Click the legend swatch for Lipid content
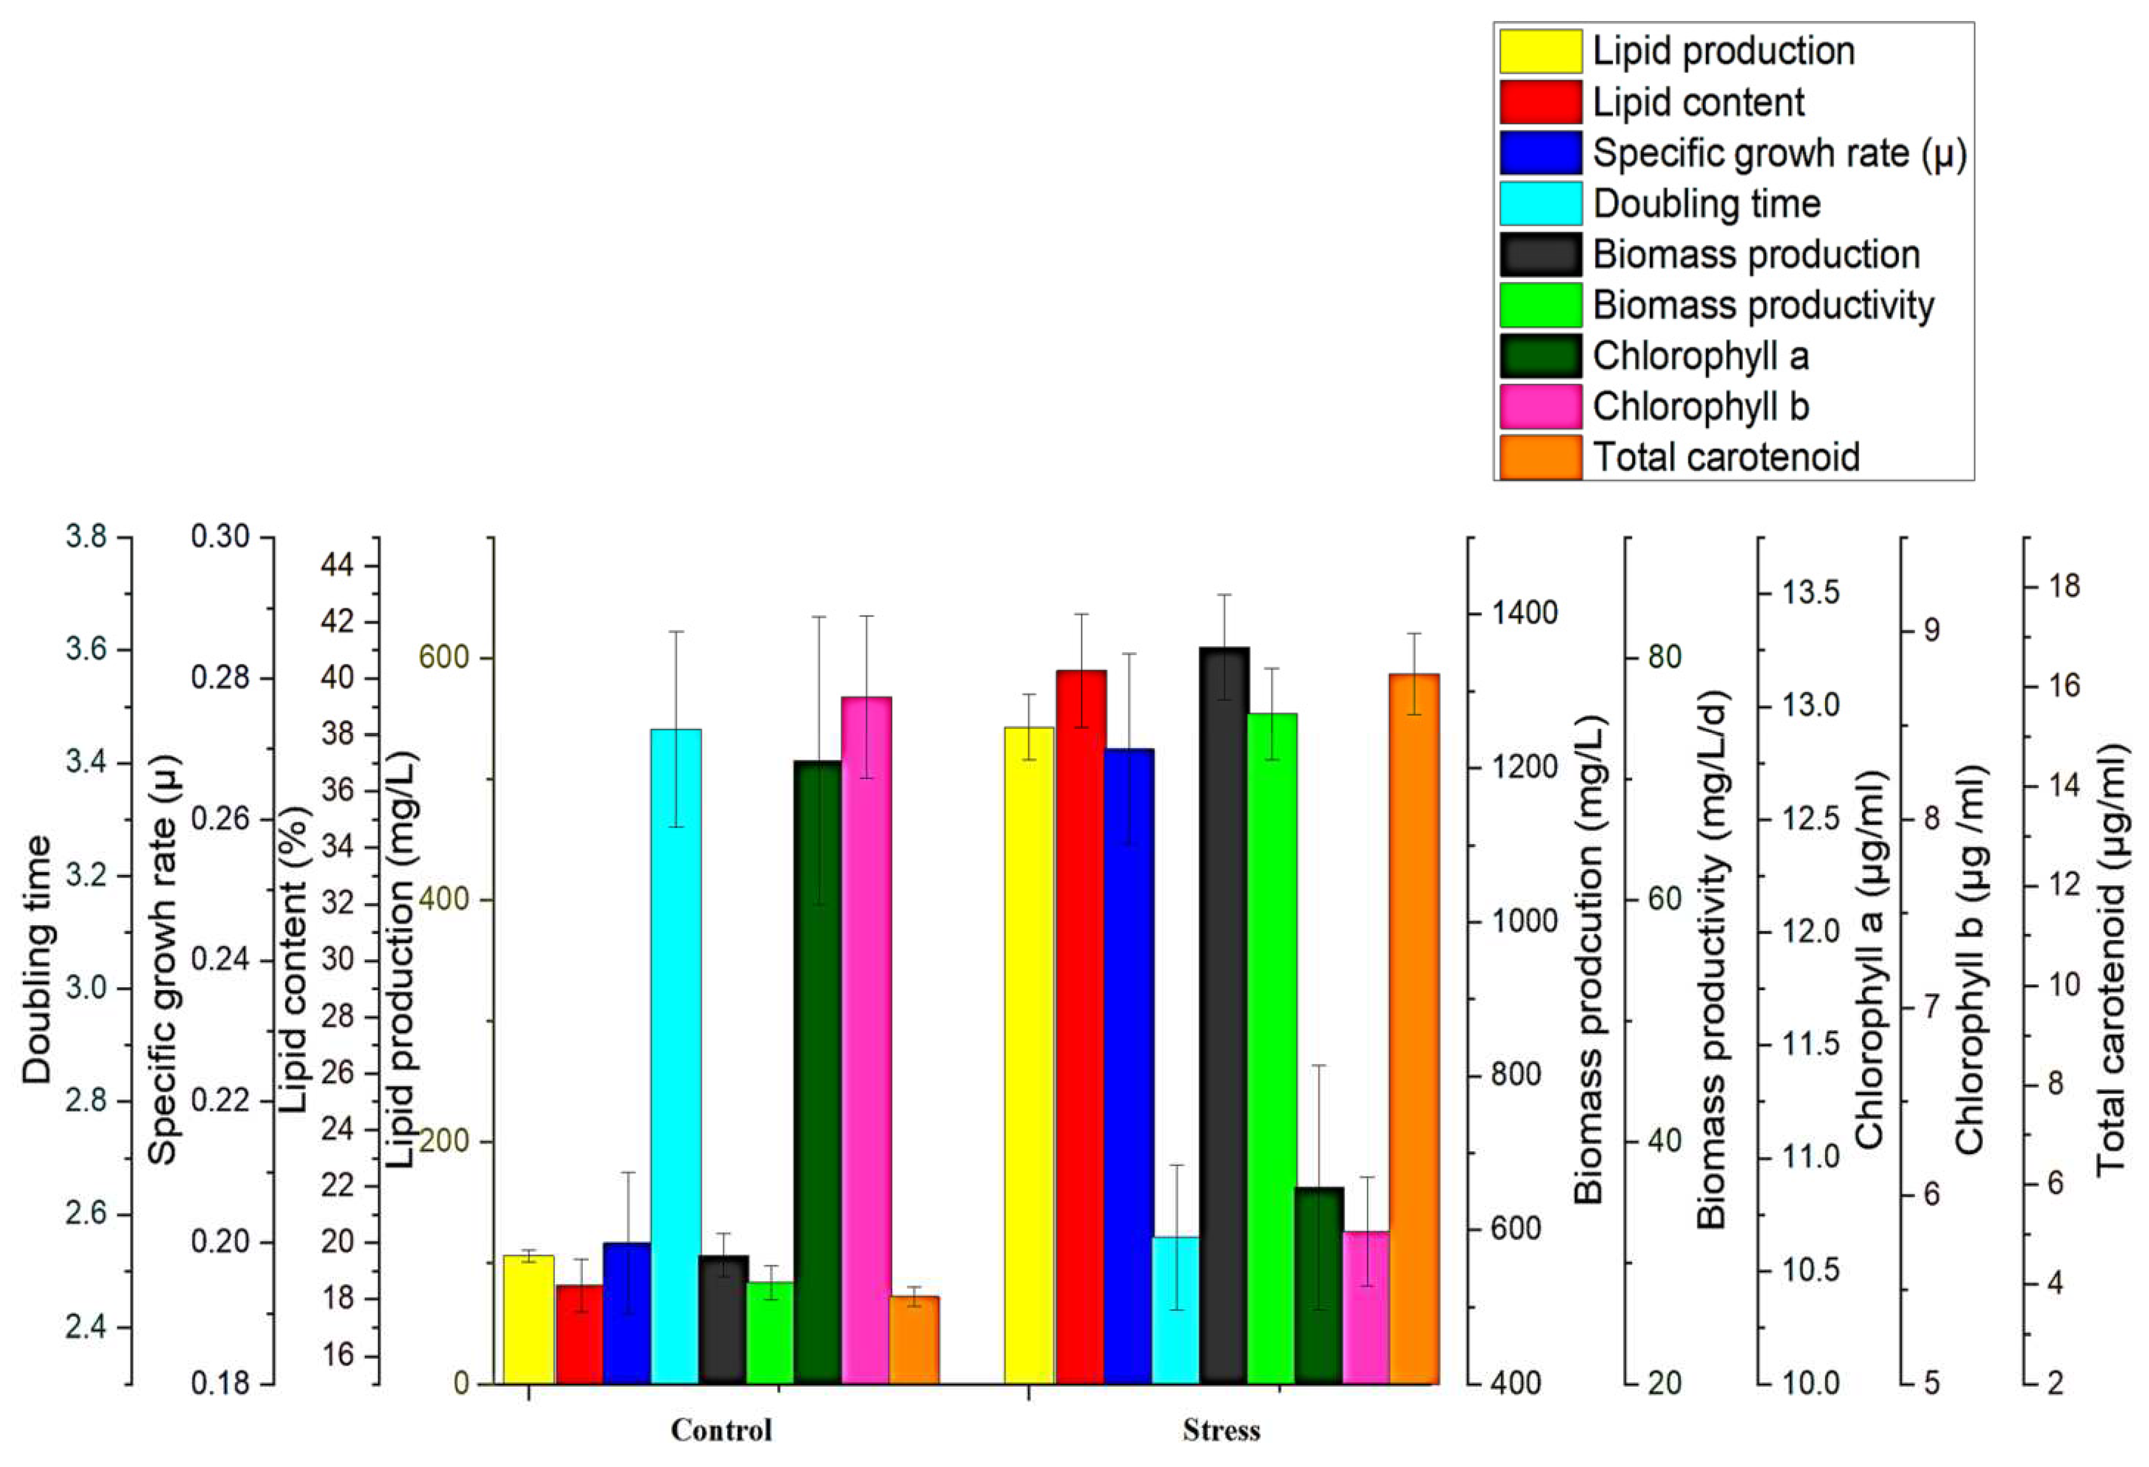(1540, 102)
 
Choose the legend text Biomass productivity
(1763, 305)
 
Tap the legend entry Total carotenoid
(1726, 457)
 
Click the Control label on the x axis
(721, 1430)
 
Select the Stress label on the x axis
(1221, 1431)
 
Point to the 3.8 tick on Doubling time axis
(86, 536)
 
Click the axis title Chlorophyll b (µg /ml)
(1970, 959)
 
